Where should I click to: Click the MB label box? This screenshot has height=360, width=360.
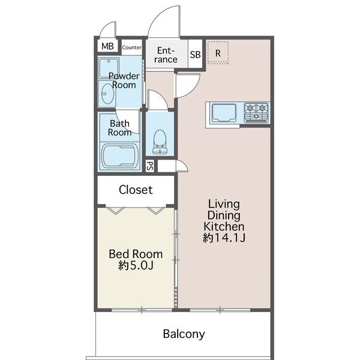(107, 46)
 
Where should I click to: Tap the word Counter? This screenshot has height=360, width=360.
(131, 47)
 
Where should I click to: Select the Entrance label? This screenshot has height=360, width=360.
(166, 55)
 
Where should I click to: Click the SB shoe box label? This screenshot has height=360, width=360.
(195, 55)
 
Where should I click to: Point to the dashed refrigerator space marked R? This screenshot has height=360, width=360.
(218, 53)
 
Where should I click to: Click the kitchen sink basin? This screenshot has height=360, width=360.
(224, 113)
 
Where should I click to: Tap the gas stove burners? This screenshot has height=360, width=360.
(256, 113)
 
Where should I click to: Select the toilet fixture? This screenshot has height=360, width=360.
(160, 142)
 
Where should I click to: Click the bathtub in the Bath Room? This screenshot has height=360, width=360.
(120, 156)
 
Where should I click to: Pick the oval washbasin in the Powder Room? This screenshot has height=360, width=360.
(107, 94)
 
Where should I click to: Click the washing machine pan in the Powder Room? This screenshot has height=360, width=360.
(109, 68)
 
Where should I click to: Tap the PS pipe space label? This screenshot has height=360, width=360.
(149, 166)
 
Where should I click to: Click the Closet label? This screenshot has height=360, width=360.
(136, 190)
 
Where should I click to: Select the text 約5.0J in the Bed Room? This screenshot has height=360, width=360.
(136, 266)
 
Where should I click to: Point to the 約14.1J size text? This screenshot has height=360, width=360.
(224, 238)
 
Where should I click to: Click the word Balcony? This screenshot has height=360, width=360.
(184, 334)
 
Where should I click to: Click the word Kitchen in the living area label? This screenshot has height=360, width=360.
(224, 227)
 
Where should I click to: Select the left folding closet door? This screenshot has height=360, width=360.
(116, 211)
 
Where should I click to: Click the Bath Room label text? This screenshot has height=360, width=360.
(119, 128)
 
